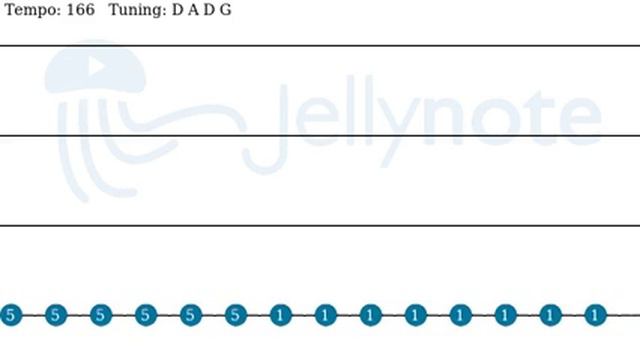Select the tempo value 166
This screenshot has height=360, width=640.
80,9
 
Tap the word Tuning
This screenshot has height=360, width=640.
137,10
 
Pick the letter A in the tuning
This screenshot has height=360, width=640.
193,10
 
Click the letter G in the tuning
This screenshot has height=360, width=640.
226,10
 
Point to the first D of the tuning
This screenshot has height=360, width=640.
178,10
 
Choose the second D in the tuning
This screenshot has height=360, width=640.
209,10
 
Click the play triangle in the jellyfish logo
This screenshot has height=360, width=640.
96,66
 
